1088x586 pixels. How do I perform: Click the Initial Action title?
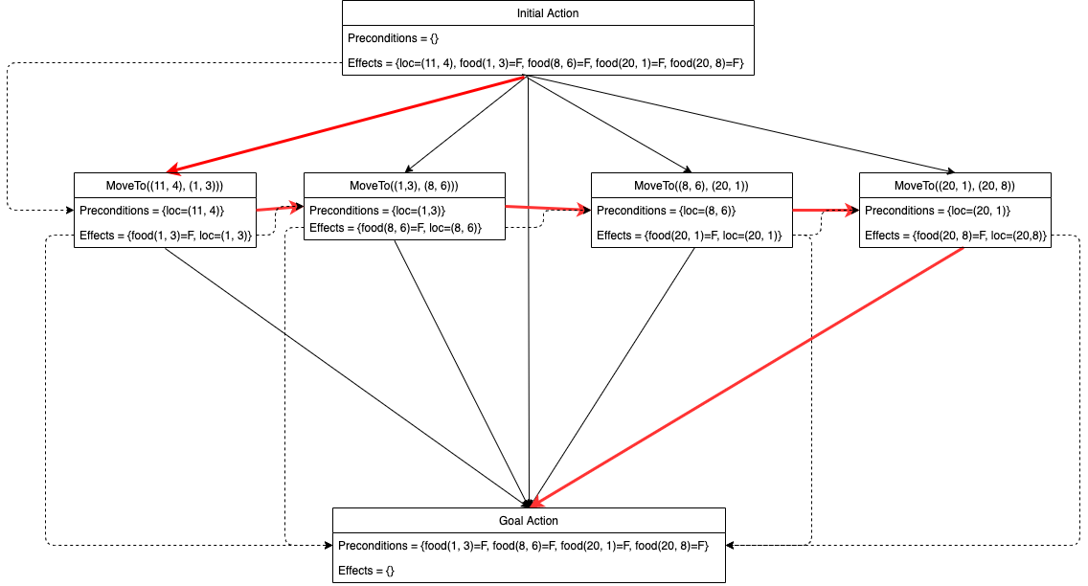point(548,13)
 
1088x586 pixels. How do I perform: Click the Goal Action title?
point(529,521)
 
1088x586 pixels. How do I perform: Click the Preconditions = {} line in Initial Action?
point(386,39)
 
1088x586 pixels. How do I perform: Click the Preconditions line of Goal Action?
point(522,546)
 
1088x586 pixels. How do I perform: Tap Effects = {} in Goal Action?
point(366,570)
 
